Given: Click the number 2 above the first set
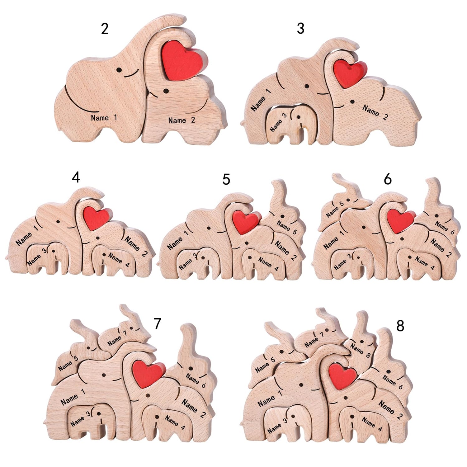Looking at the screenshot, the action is point(105,29).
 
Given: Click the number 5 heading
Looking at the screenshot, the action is point(226,179).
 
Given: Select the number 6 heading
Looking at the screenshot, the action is point(388,179).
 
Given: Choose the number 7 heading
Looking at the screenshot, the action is point(157,324).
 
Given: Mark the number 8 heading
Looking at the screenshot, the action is point(400,326).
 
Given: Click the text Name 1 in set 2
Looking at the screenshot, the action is point(104,118).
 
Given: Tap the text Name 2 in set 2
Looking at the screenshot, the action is point(182,120).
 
